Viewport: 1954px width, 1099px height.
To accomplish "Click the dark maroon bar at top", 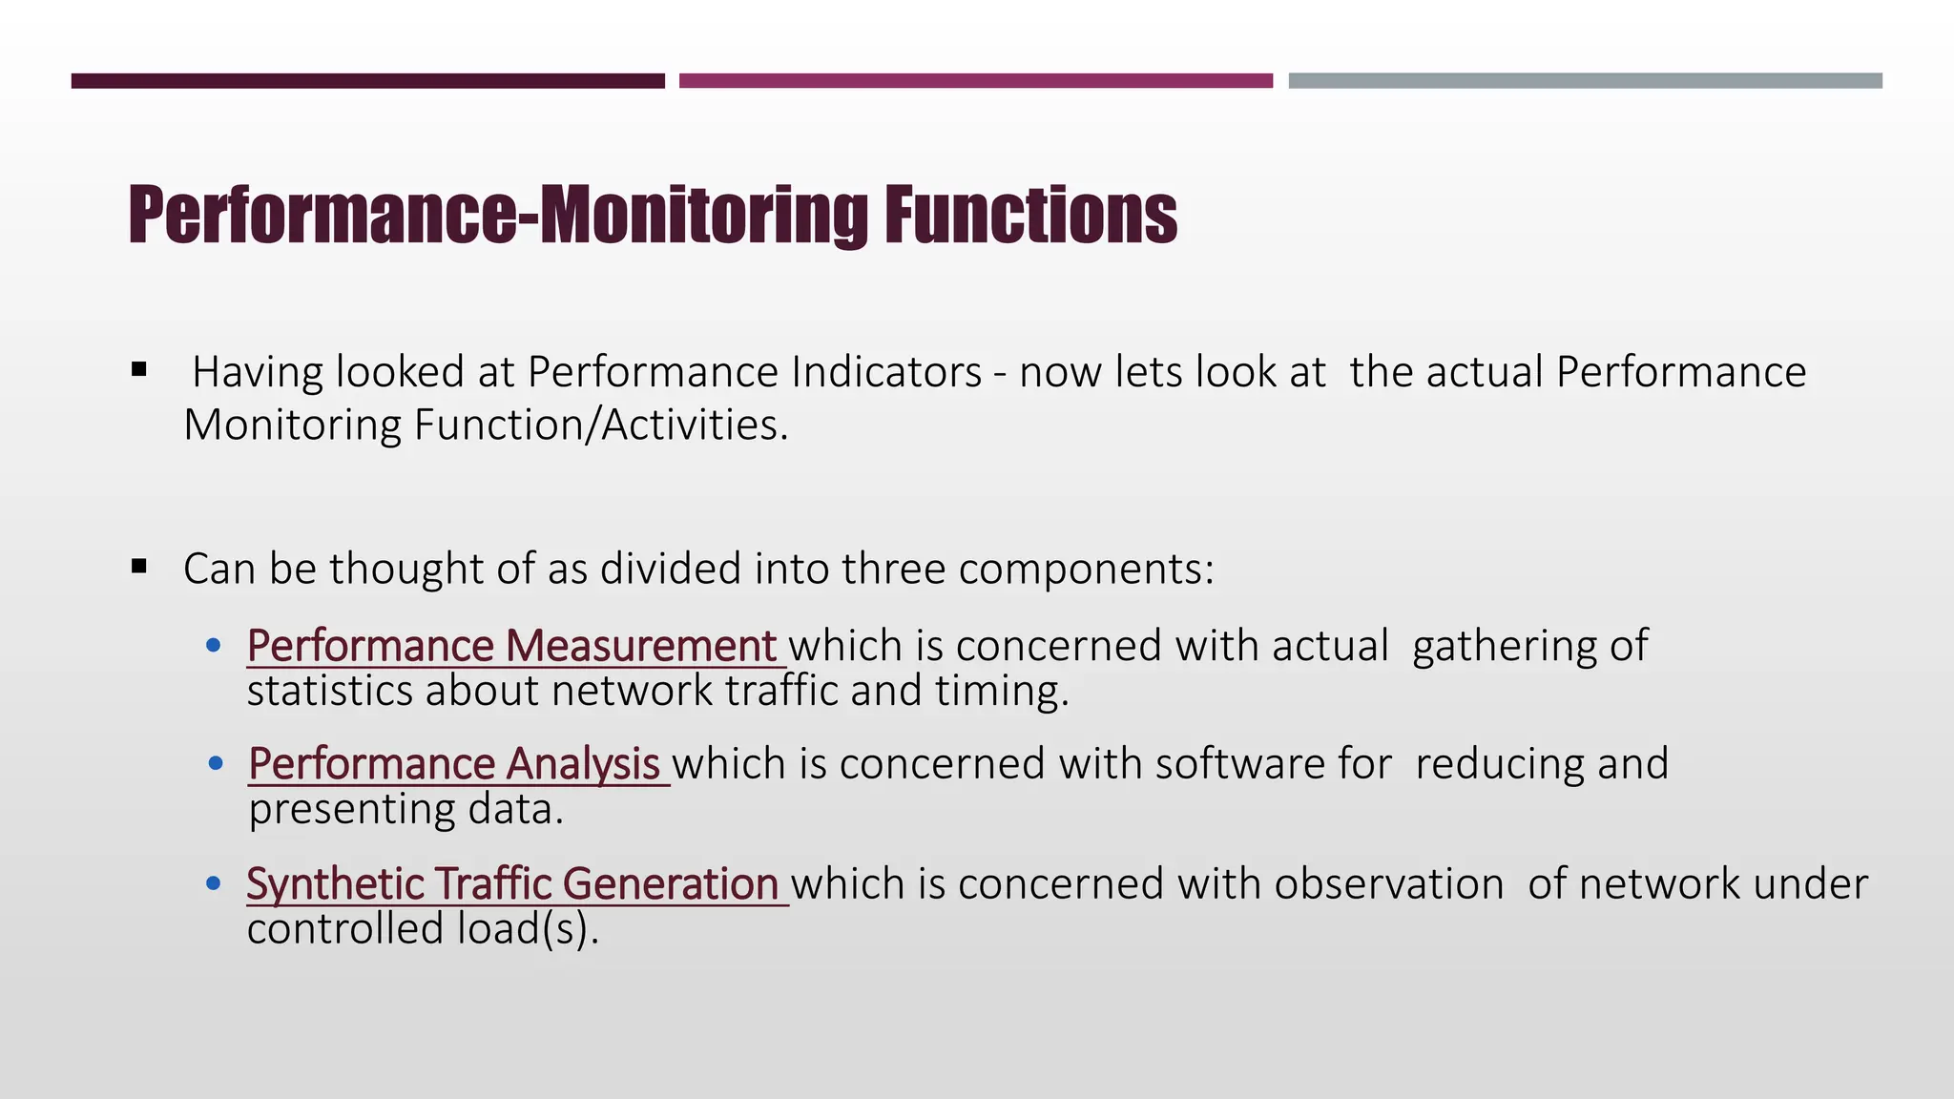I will pyautogui.click(x=367, y=81).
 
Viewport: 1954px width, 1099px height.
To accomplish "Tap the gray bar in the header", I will pyautogui.click(x=1585, y=81).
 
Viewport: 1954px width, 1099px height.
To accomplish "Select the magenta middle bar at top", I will pyautogui.click(x=975, y=81).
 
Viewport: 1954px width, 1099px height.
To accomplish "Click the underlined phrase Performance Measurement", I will pyautogui.click(x=512, y=646).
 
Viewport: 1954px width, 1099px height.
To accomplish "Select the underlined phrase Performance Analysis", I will pyautogui.click(x=454, y=764).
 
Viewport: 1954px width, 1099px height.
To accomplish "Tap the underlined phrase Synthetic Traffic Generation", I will pyautogui.click(x=513, y=883).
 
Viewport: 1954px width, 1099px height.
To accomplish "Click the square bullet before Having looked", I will pyautogui.click(x=139, y=369).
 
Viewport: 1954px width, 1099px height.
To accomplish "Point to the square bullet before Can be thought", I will pyautogui.click(x=139, y=567).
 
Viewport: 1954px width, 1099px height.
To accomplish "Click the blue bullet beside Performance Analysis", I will pyautogui.click(x=216, y=763).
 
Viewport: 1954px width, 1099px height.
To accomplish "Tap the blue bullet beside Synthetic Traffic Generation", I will pyautogui.click(x=214, y=883).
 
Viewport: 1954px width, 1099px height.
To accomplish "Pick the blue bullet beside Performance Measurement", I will pyautogui.click(x=214, y=646).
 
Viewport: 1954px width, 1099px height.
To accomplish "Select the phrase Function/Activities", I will pyautogui.click(x=600, y=425).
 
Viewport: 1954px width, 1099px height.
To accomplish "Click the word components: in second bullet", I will pyautogui.click(x=1086, y=570).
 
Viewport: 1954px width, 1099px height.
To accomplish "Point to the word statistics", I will pyautogui.click(x=329, y=692).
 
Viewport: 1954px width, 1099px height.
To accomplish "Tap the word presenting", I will pyautogui.click(x=352, y=811).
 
